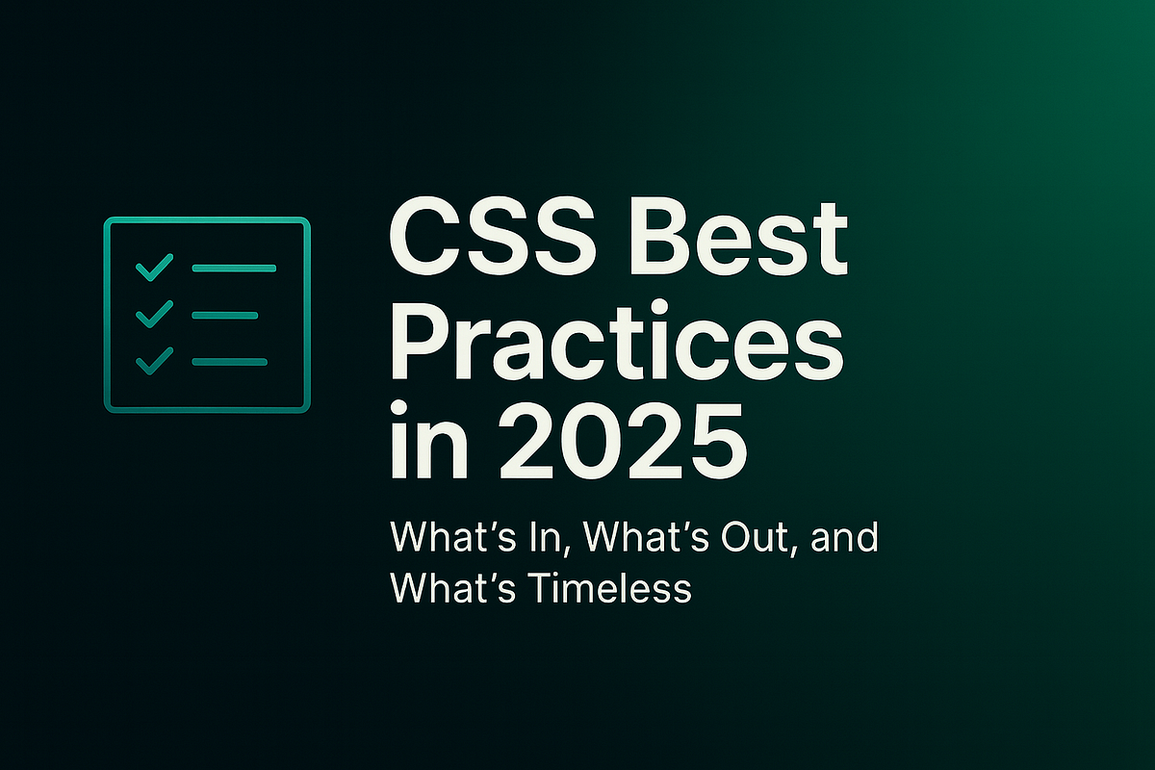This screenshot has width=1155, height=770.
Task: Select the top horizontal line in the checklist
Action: click(x=234, y=268)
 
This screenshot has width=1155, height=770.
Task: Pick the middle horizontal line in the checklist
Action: click(x=225, y=315)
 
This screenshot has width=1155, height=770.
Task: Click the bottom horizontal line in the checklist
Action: click(x=230, y=362)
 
